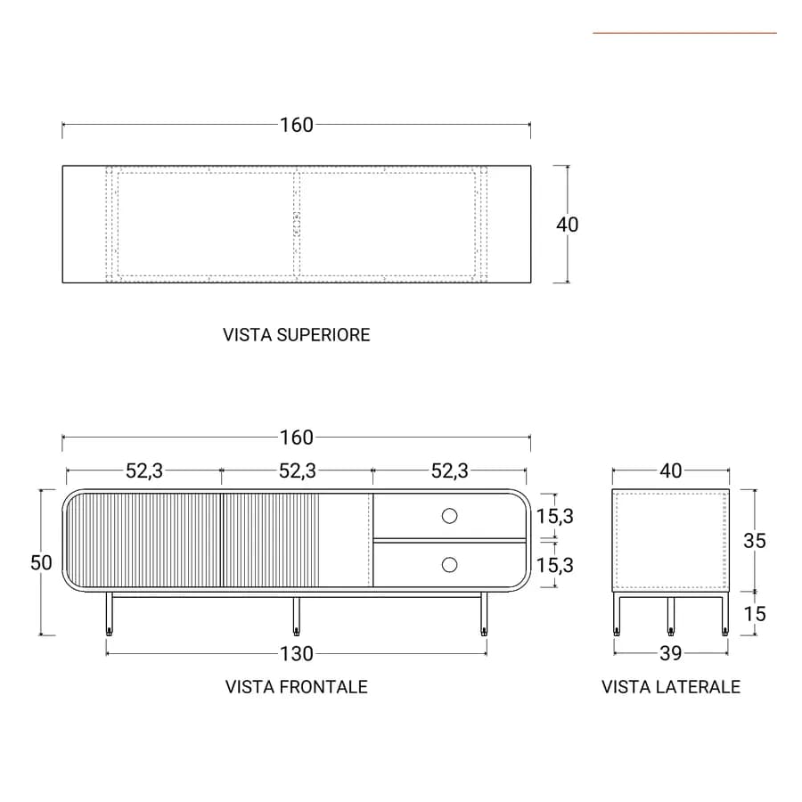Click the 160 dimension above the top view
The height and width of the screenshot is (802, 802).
(296, 125)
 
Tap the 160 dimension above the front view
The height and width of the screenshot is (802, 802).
(296, 438)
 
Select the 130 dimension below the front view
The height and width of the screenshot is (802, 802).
(296, 654)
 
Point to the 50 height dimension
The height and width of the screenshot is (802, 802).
(41, 562)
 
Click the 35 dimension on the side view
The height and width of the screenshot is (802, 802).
(755, 541)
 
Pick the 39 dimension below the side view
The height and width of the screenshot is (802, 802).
(670, 653)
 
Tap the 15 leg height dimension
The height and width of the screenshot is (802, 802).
(755, 614)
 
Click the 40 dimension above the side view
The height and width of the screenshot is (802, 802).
(670, 471)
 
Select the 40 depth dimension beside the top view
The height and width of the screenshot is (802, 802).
(568, 225)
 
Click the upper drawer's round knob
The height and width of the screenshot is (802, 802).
(450, 516)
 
